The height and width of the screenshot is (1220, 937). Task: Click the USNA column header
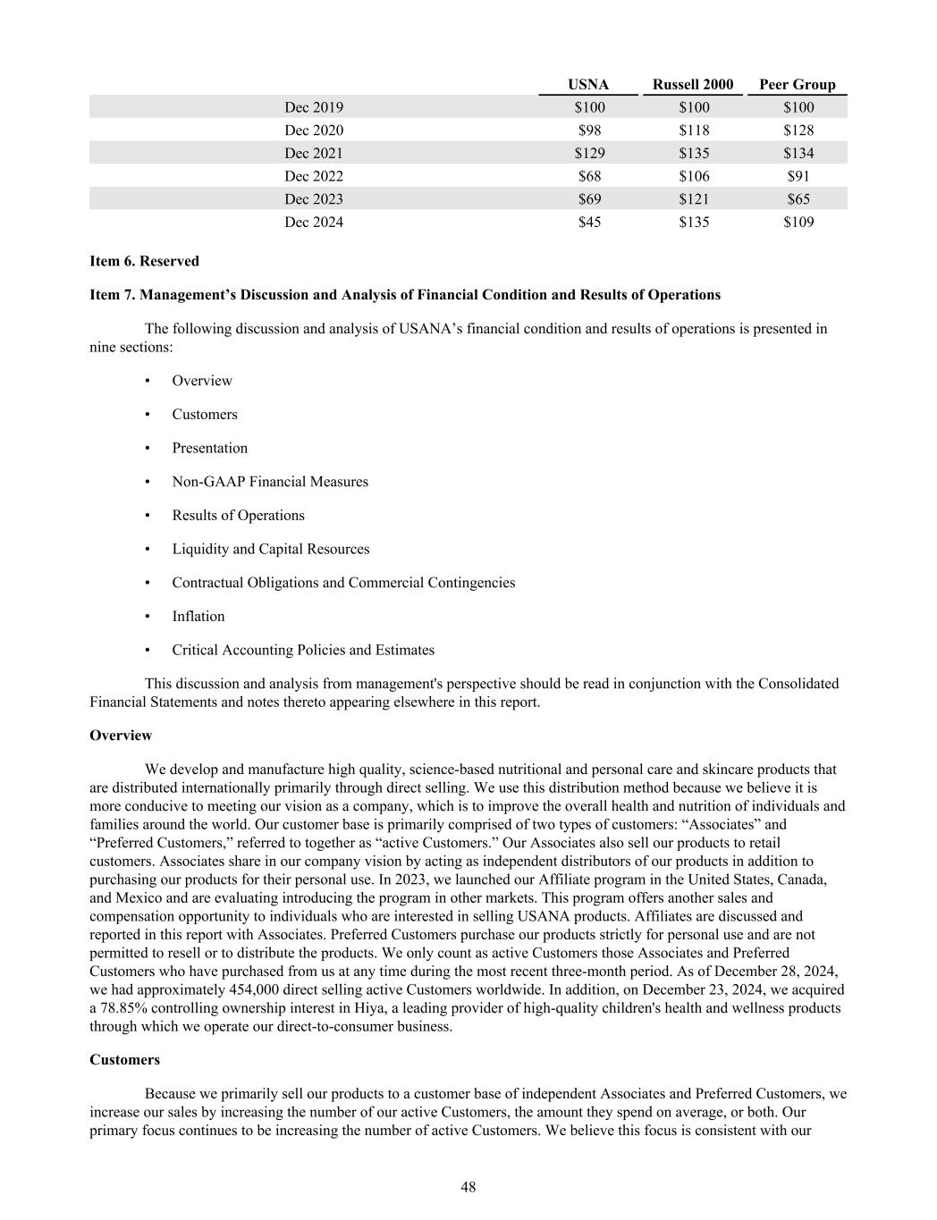(588, 85)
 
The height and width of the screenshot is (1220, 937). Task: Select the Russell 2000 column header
(692, 85)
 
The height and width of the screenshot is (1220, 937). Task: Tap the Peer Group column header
(797, 85)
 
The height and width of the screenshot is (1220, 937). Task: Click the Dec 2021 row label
(314, 154)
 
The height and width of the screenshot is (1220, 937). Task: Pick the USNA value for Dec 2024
(589, 223)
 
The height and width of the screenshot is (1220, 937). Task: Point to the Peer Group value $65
(798, 199)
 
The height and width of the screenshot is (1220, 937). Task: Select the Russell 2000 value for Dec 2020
(694, 130)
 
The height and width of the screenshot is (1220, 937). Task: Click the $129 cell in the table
(589, 154)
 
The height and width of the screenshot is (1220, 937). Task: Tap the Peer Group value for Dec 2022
(798, 177)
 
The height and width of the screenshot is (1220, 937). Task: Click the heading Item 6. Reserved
(144, 261)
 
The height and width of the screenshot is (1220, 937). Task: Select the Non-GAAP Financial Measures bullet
(270, 482)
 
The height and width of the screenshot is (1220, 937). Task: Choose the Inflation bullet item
(198, 617)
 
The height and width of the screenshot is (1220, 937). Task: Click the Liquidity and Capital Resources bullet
(271, 549)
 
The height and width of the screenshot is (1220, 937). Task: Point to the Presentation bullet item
(210, 449)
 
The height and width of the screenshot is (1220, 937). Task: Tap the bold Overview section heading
(121, 736)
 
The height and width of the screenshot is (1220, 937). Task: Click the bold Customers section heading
(125, 1060)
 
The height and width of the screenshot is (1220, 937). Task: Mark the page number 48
(468, 1187)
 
